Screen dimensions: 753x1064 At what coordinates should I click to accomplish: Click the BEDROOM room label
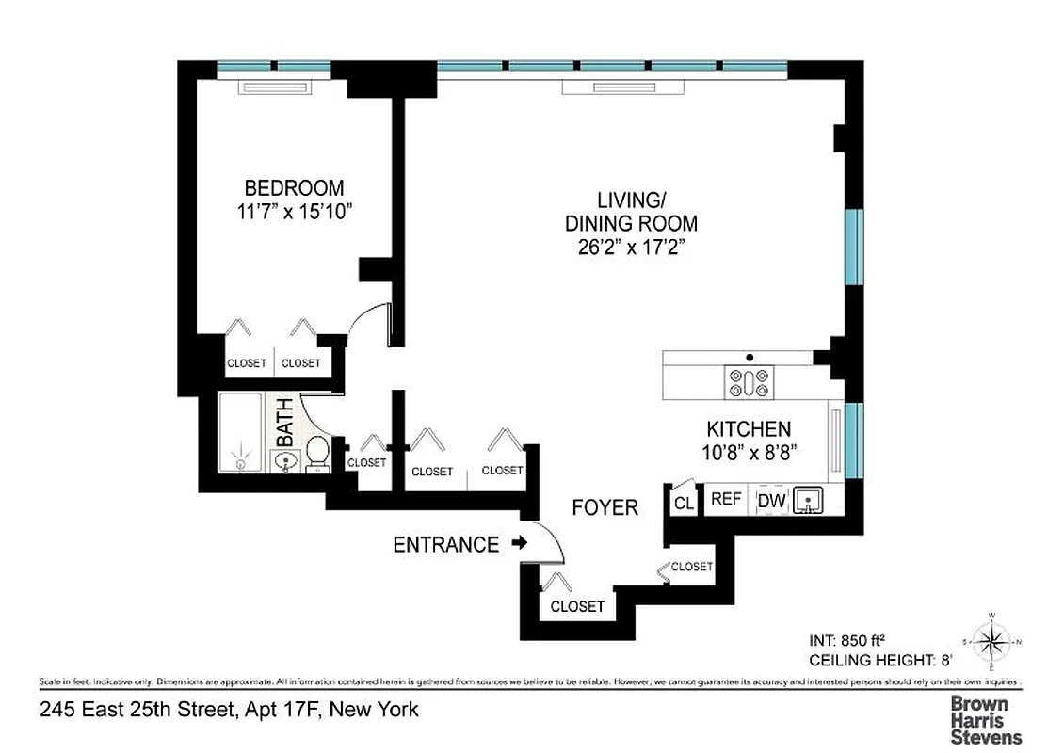point(295,187)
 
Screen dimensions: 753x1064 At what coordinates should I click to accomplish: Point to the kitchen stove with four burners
point(749,383)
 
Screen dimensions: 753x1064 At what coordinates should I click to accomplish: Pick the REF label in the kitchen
point(726,500)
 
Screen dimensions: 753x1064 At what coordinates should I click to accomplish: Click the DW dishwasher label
point(771,501)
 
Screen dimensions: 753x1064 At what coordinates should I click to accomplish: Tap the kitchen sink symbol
point(805,499)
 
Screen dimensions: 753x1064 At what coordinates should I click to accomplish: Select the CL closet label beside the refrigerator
point(684,504)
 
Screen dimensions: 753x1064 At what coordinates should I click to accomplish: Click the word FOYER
point(605,508)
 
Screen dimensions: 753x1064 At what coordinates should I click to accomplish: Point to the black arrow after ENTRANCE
point(518,543)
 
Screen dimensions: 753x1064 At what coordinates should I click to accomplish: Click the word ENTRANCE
point(445,544)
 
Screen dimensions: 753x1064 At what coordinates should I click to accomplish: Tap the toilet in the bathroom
point(318,452)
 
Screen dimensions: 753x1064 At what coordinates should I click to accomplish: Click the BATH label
point(284,423)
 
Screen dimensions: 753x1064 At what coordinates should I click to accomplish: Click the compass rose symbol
point(991,644)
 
